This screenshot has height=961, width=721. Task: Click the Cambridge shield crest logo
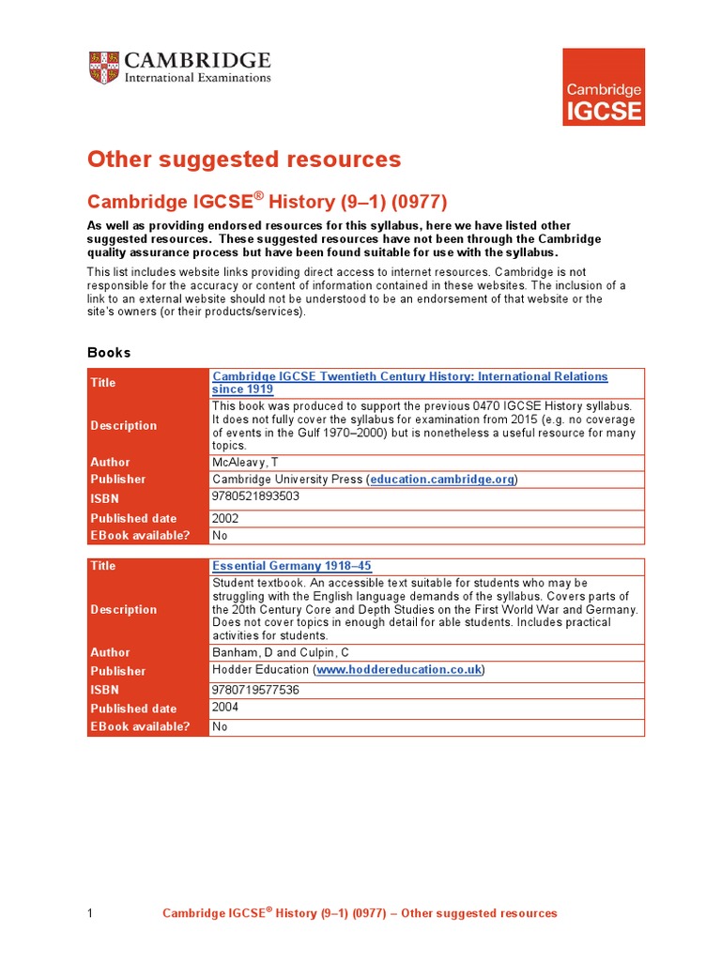(103, 69)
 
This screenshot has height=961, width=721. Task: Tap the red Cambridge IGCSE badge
(603, 86)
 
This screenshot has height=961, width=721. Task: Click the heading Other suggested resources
(244, 160)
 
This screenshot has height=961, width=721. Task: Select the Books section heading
(109, 353)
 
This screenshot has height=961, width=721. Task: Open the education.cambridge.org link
(441, 479)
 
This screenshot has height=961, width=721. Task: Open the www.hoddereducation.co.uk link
(400, 669)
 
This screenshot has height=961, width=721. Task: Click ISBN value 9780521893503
(255, 496)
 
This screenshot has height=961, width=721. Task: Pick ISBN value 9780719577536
(255, 689)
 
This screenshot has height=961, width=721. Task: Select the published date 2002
(225, 518)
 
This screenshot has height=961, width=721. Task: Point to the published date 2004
(225, 708)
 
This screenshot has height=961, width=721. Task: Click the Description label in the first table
(124, 425)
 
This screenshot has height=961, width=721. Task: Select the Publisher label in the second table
(118, 671)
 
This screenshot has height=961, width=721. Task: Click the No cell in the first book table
(220, 535)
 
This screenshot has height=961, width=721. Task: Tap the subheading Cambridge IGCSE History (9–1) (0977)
(268, 202)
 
